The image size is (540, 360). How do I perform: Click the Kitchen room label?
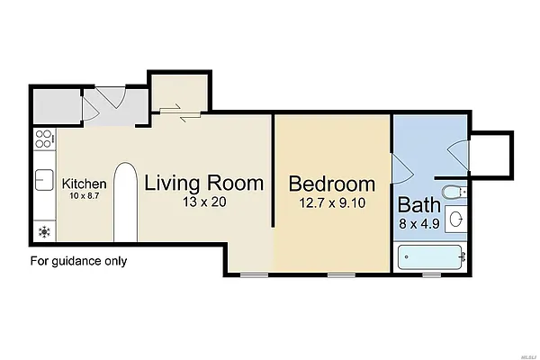click(85, 184)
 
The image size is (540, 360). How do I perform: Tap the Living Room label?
click(204, 183)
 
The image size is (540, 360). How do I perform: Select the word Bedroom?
click(331, 184)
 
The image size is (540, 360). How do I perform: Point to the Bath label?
click(420, 203)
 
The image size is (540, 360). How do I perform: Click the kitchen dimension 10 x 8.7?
click(85, 196)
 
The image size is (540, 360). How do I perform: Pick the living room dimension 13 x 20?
click(204, 202)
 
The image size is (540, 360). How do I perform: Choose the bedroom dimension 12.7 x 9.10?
click(331, 203)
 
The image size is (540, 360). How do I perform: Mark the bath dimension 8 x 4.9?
click(420, 221)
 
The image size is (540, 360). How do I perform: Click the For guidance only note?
click(79, 262)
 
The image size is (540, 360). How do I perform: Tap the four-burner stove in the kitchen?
click(42, 139)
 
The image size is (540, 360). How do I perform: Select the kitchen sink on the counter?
click(43, 180)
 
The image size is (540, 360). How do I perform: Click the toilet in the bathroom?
click(458, 191)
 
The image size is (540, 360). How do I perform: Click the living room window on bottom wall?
click(255, 274)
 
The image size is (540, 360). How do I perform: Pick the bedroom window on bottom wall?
click(340, 274)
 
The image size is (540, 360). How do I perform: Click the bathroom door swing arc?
click(401, 165)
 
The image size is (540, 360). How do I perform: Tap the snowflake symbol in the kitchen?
click(42, 231)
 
